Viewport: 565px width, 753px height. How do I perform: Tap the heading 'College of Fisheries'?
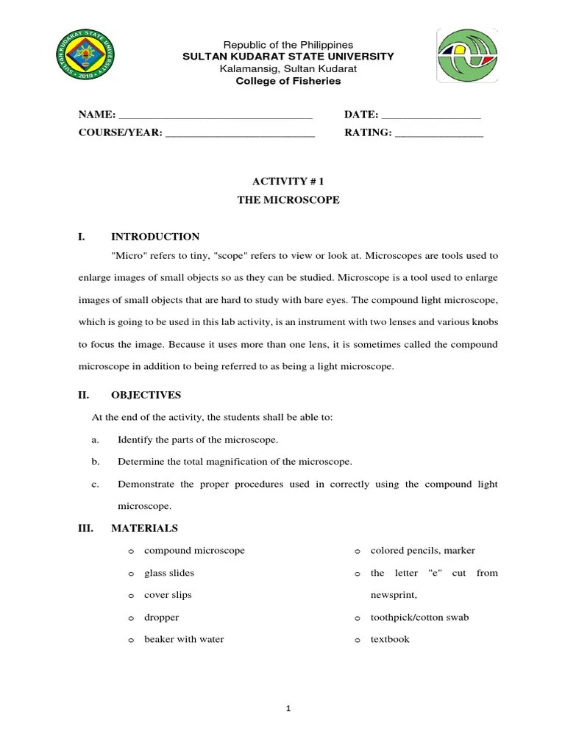click(x=288, y=81)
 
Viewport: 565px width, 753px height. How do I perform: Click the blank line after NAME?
click(x=216, y=116)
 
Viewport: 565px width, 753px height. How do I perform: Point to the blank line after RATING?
click(x=439, y=135)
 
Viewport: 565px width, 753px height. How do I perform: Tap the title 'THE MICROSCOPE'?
click(x=288, y=200)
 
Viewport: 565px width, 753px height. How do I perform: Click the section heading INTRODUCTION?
click(x=155, y=237)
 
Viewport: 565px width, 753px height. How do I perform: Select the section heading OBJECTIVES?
click(x=146, y=395)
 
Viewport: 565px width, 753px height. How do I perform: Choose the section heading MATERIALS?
click(x=144, y=528)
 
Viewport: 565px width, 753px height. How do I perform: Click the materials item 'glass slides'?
click(x=169, y=573)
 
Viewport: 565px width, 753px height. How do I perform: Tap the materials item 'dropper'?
click(x=162, y=618)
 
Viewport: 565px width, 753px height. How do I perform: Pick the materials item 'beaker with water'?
click(x=184, y=639)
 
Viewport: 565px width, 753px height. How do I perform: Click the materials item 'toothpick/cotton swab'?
click(x=419, y=618)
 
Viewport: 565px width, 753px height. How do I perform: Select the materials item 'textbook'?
click(x=390, y=639)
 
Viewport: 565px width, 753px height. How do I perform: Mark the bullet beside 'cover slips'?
click(x=130, y=596)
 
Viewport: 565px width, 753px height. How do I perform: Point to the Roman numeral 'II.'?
click(x=83, y=395)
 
